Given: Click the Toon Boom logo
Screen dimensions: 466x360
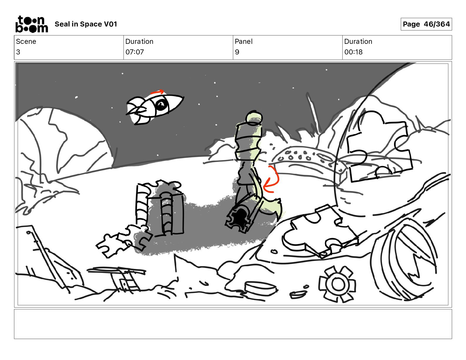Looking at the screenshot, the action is [x=32, y=24].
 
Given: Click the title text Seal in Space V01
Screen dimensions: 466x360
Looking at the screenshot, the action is [x=86, y=24].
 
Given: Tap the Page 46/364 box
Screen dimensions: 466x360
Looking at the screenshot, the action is [x=426, y=24].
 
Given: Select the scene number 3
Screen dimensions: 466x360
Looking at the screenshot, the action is [x=18, y=52].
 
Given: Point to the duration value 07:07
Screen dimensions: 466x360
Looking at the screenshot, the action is [x=135, y=52].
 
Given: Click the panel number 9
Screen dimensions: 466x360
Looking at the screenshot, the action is [x=237, y=52].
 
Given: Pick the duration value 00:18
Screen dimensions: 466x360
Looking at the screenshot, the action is [x=353, y=52].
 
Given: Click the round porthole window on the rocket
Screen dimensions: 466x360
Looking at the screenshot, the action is [x=161, y=105].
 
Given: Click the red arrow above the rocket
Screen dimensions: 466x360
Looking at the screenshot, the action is [x=157, y=92].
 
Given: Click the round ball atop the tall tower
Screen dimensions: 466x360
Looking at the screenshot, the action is [x=254, y=118].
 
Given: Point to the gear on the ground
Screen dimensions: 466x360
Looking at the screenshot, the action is [x=337, y=284].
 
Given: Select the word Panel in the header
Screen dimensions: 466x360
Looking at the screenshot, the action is [x=244, y=41].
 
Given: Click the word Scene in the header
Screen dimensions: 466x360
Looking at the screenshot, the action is [x=26, y=41].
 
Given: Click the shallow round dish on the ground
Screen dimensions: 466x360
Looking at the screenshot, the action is [x=261, y=289].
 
